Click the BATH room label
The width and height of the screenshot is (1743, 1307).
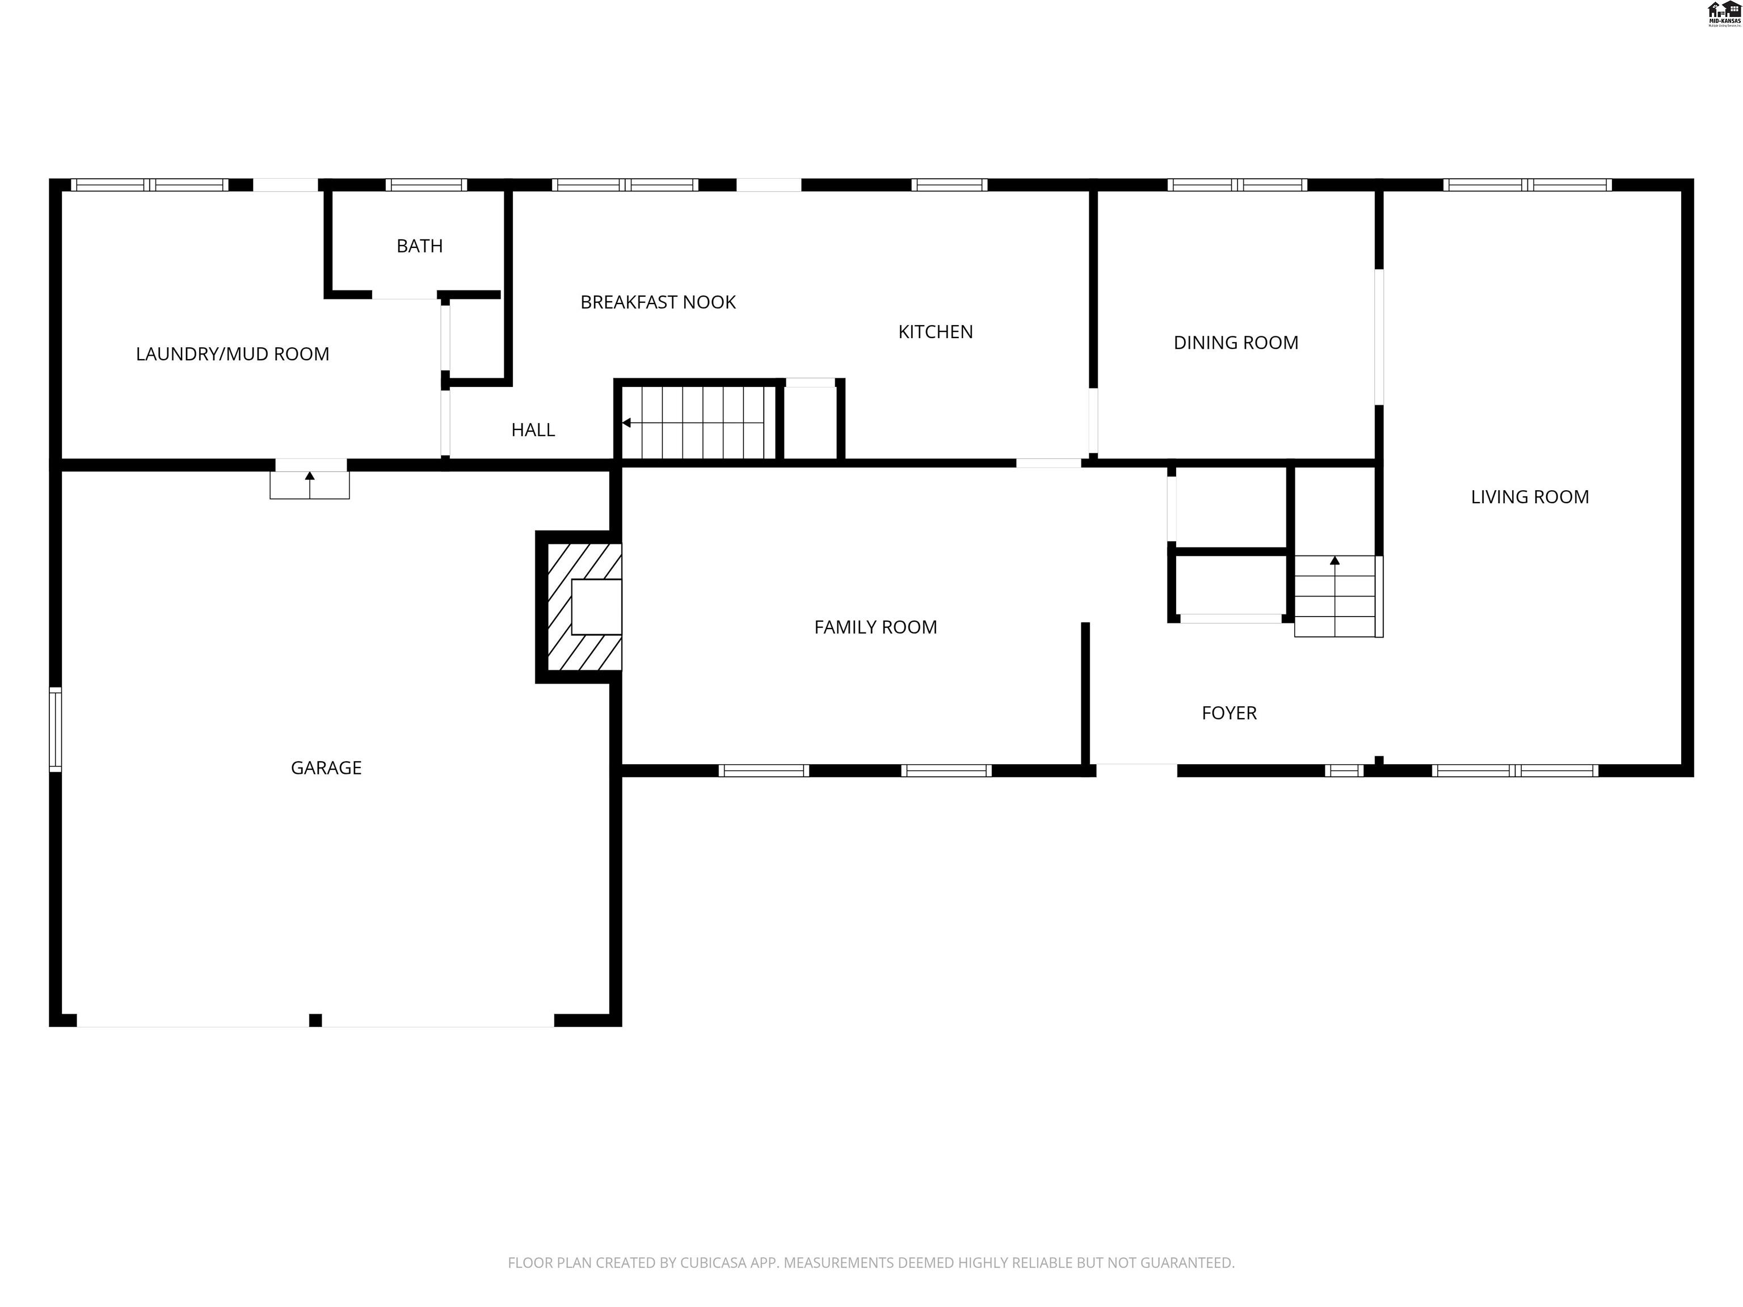point(419,246)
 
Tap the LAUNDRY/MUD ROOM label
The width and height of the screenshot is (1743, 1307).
point(233,354)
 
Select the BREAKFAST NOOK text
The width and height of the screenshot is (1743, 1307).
point(658,302)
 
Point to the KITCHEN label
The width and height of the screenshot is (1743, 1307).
point(935,332)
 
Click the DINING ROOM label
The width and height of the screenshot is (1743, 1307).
point(1236,343)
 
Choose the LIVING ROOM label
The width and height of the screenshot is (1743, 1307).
point(1530,497)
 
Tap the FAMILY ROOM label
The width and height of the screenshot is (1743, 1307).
point(875,627)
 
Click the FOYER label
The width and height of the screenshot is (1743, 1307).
point(1228,713)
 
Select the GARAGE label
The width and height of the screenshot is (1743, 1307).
point(326,768)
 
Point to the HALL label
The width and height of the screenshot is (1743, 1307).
point(533,430)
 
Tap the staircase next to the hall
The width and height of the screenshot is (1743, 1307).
point(698,421)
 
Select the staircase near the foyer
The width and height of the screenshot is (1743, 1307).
point(1335,596)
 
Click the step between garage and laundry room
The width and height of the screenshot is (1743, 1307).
point(310,484)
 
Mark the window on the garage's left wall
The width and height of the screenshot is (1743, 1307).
point(55,729)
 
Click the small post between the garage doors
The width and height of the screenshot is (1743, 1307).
point(315,1020)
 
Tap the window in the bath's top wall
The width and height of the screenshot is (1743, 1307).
point(426,185)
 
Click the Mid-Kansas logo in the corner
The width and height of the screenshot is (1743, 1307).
point(1723,14)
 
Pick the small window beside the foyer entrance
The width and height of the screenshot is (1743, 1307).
point(1344,770)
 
